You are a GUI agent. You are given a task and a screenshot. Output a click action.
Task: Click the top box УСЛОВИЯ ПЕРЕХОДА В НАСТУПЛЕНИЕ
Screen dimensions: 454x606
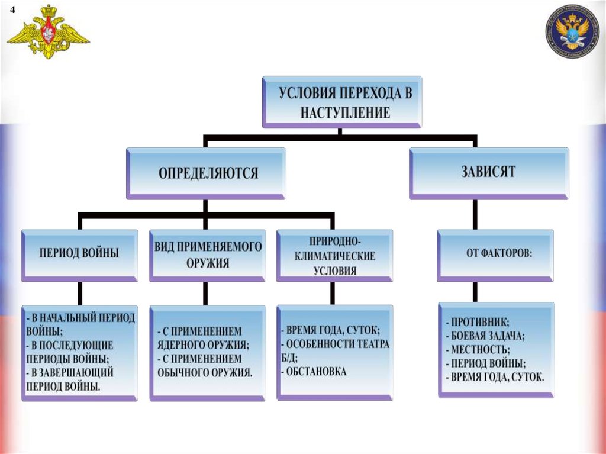coord(342,102)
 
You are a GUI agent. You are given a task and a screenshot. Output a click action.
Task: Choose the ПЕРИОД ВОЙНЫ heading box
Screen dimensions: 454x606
coord(79,253)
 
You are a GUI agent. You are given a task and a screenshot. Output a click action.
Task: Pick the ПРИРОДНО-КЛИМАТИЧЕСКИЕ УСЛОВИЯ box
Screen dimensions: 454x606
coord(334,256)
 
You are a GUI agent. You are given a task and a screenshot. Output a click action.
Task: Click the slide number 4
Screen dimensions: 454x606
coord(12,9)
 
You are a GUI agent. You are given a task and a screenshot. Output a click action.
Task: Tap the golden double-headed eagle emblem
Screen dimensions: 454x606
coord(48,33)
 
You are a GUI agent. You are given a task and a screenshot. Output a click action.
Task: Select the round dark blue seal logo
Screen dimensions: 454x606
coord(572,32)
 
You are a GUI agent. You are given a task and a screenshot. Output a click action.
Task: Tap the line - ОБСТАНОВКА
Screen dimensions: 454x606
coord(314,372)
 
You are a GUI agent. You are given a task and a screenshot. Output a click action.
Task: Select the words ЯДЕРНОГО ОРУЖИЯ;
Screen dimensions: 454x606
coord(203,344)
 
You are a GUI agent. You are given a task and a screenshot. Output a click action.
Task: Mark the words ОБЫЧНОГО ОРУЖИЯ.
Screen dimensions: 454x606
coord(205,372)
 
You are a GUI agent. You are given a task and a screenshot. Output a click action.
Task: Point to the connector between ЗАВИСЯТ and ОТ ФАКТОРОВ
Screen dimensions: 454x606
coord(475,215)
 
